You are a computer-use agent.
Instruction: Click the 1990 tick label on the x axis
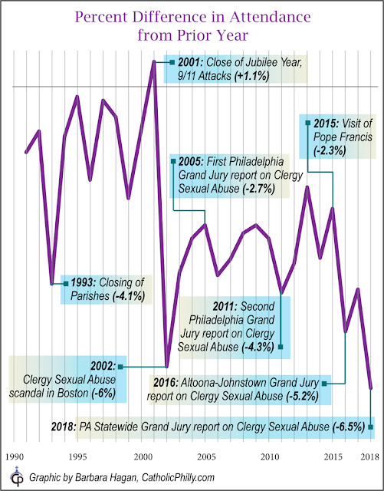click(15, 457)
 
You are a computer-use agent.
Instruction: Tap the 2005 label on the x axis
click(205, 457)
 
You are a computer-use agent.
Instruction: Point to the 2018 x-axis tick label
click(370, 457)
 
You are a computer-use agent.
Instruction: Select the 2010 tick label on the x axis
click(270, 457)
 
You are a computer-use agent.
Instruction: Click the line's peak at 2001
click(153, 62)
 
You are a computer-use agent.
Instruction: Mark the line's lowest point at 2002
click(166, 366)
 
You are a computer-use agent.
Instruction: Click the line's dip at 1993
click(52, 283)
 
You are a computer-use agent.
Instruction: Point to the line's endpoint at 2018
click(371, 387)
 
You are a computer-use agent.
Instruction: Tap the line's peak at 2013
click(307, 187)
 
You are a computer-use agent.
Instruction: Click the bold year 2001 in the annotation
click(191, 62)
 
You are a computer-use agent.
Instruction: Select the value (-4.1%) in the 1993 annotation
click(128, 296)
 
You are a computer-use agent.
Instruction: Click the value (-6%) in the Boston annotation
click(103, 393)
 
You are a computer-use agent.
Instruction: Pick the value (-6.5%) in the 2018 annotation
click(349, 427)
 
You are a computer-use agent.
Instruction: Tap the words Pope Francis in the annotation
click(343, 137)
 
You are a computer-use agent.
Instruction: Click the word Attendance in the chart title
click(270, 17)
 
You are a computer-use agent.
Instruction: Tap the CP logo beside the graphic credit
click(16, 476)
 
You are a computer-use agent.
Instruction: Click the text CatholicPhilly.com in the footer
click(178, 478)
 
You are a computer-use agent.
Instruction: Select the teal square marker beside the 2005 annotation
click(172, 161)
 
